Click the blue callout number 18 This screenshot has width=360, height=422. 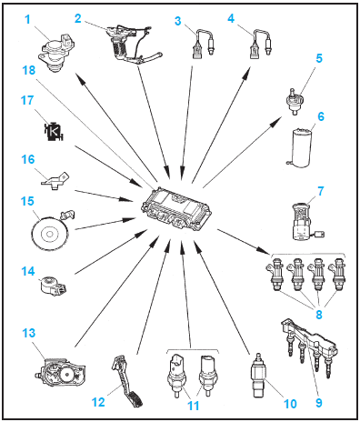(29, 70)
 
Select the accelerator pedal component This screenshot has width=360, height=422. (127, 382)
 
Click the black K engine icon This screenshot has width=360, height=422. (54, 131)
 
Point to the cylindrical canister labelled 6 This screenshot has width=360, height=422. (300, 147)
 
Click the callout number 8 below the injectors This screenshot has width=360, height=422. (319, 315)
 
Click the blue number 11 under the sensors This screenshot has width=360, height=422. (194, 405)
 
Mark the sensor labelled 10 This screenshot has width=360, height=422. (258, 375)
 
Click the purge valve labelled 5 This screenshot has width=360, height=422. (293, 100)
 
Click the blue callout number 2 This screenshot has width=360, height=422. (78, 18)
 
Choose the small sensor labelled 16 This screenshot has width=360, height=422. (55, 181)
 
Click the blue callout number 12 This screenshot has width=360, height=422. (98, 402)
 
